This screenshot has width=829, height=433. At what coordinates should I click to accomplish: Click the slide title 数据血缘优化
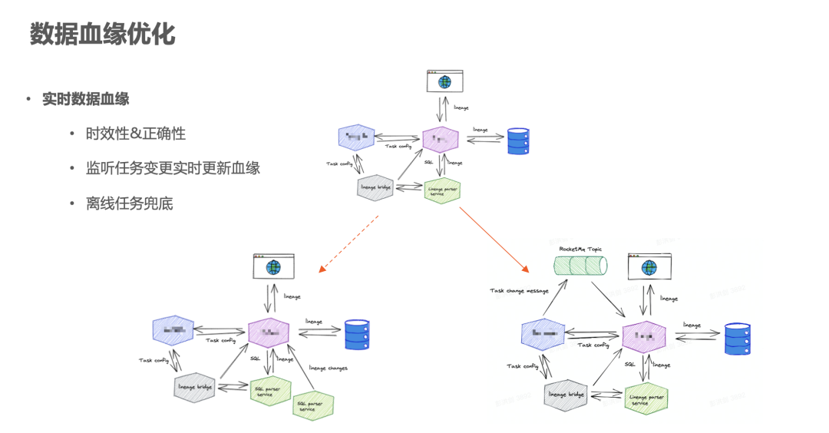102,34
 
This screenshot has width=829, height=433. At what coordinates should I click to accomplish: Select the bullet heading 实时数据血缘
85,99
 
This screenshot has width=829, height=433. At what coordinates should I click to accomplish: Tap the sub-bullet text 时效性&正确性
136,134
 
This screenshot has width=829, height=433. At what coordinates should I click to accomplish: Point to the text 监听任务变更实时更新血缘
173,168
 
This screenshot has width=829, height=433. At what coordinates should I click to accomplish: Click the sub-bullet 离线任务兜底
130,203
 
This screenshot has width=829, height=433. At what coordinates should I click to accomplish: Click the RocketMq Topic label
580,249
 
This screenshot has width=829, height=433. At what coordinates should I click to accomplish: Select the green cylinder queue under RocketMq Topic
580,266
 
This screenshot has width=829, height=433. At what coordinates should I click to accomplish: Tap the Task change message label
520,290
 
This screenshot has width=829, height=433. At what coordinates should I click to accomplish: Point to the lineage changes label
328,368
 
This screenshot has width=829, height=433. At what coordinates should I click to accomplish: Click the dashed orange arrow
349,243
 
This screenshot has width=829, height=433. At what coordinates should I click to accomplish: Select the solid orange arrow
495,240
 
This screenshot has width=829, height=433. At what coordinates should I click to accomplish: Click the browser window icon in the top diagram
444,81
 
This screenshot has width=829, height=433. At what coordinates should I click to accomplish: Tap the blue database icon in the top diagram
519,141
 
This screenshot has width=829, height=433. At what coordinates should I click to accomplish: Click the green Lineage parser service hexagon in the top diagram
443,190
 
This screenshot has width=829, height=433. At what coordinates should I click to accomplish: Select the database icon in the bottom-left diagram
355,334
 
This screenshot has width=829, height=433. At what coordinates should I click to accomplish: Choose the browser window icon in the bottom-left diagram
273,266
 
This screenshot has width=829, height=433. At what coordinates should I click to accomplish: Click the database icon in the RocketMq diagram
738,339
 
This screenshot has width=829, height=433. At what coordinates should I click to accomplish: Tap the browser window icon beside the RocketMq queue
649,266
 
